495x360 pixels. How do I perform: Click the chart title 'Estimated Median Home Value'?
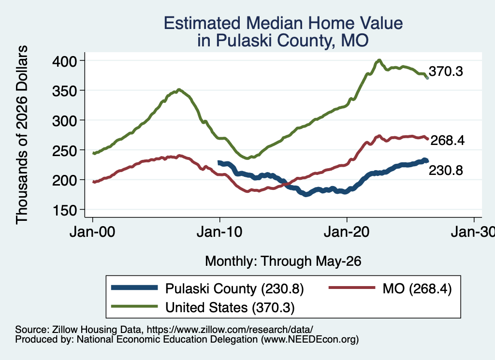(x=283, y=23)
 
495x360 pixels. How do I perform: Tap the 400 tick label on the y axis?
(x=64, y=61)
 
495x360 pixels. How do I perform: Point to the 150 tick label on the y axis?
(x=64, y=210)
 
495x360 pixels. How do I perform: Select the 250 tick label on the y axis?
(x=64, y=150)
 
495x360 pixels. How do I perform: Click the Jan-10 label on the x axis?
(x=219, y=232)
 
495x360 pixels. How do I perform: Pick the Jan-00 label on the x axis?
(x=92, y=232)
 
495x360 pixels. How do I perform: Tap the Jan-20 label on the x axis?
(x=347, y=232)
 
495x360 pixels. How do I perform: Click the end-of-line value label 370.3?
(x=446, y=72)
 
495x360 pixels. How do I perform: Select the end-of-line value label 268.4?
(x=447, y=141)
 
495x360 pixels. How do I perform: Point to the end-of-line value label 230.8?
(x=446, y=171)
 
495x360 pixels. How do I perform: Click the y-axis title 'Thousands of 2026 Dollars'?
(x=22, y=135)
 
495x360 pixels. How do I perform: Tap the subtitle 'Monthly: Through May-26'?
(x=283, y=261)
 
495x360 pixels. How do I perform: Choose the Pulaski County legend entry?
(x=207, y=288)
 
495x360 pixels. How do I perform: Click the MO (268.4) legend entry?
(x=390, y=288)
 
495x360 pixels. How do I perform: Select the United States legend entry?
(x=203, y=307)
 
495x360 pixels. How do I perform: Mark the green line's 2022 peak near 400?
(x=379, y=60)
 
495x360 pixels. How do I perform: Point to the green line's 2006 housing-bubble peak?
(x=179, y=89)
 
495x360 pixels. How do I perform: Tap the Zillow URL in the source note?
(x=230, y=330)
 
